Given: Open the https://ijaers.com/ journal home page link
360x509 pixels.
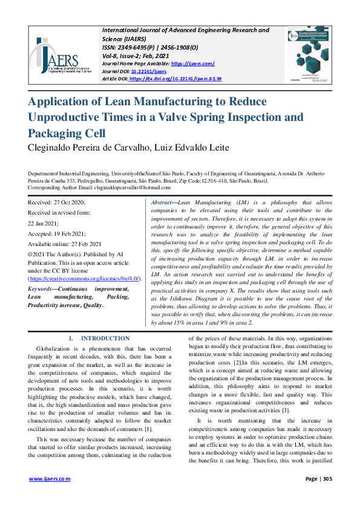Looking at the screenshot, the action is point(192,63).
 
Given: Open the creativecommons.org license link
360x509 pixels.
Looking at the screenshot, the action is point(85,279).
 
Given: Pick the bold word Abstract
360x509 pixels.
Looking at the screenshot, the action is point(162,202).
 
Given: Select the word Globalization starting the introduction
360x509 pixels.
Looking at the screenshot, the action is point(56,349).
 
